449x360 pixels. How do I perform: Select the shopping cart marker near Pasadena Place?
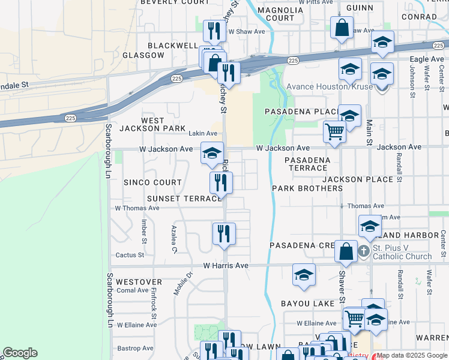click(334, 132)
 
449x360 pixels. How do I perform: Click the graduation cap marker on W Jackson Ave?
click(211, 154)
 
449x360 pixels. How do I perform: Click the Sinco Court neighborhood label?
click(152, 182)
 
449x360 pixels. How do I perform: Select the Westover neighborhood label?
click(139, 281)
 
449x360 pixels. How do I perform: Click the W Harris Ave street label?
click(226, 265)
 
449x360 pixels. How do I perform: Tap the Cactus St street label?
click(130, 255)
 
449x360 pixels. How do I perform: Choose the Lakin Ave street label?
click(203, 133)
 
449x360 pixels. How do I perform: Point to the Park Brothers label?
click(307, 188)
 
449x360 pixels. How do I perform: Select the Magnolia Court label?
click(280, 14)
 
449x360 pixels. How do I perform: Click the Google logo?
click(20, 353)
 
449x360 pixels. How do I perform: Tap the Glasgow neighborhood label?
click(143, 55)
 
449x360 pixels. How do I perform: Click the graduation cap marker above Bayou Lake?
click(304, 275)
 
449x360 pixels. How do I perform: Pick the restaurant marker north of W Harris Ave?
click(224, 234)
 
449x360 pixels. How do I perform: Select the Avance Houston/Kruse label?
click(329, 87)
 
